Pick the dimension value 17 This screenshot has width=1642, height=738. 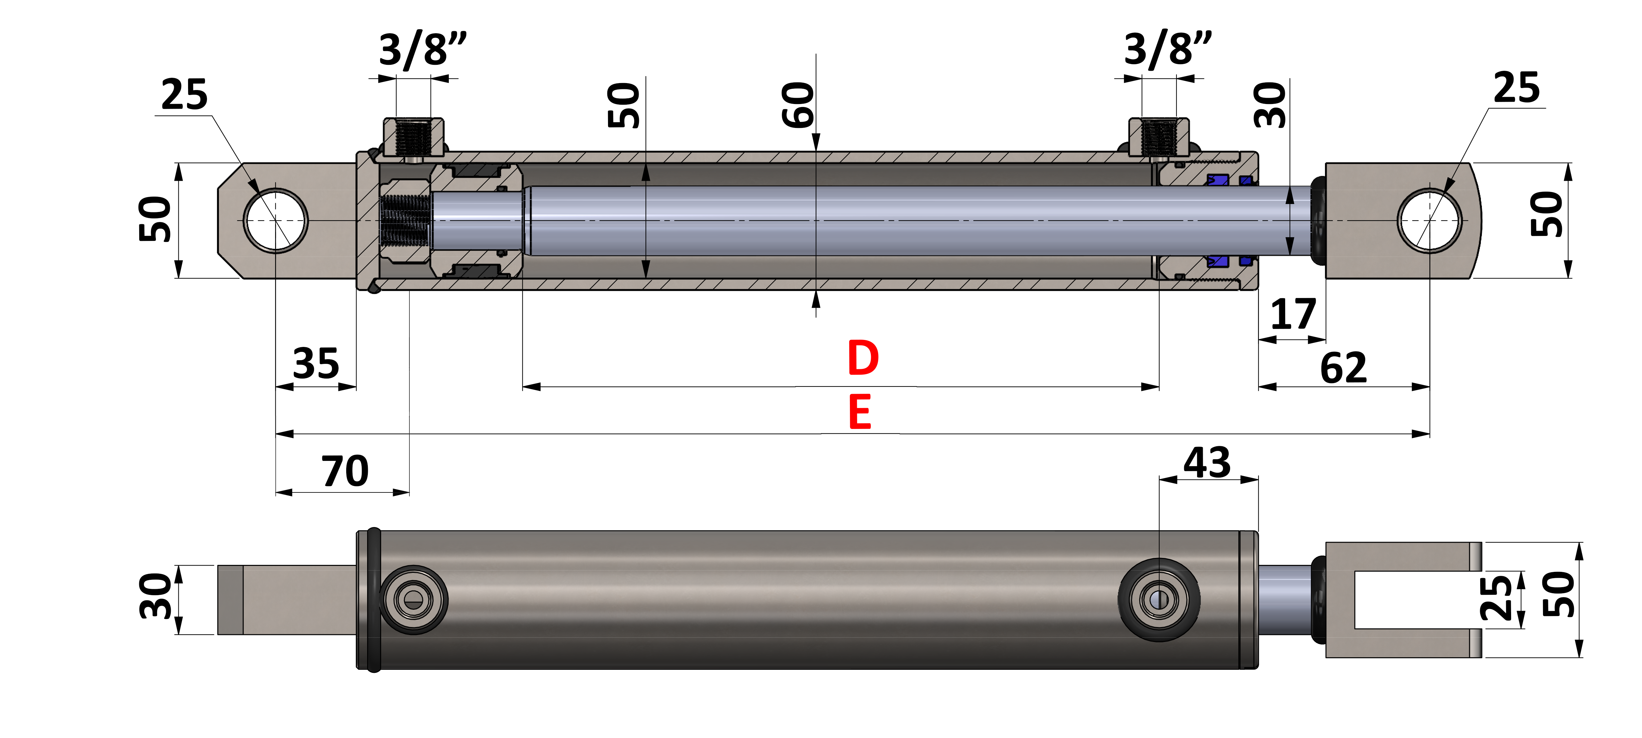pyautogui.click(x=1293, y=314)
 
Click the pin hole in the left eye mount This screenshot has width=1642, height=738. pyautogui.click(x=275, y=221)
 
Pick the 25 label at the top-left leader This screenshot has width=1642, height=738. pyautogui.click(x=184, y=95)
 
